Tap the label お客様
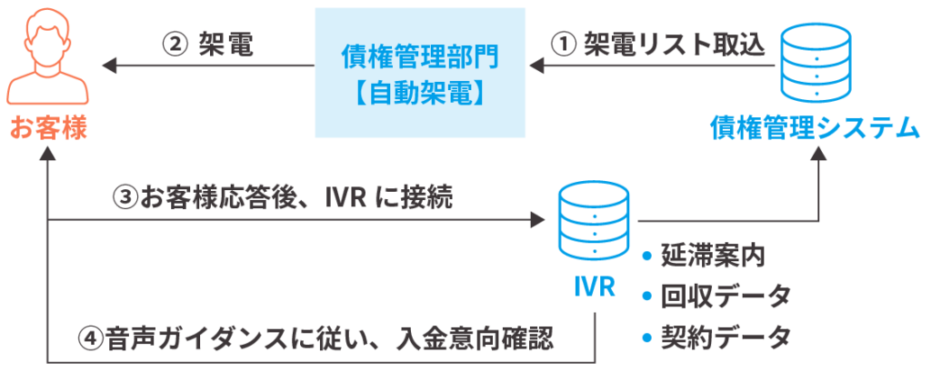[x=48, y=128]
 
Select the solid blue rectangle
[x=420, y=72]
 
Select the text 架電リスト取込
[x=674, y=45]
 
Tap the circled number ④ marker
[x=88, y=339]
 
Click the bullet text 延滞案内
[x=712, y=256]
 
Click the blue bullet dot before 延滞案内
[x=647, y=256]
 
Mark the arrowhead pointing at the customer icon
[x=108, y=65]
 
